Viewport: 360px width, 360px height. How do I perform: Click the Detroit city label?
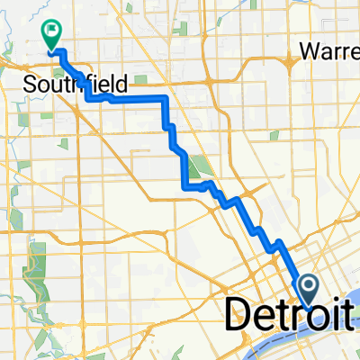tap(286, 314)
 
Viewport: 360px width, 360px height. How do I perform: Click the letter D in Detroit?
tap(237, 314)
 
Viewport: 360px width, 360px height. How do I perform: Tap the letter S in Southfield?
tap(26, 85)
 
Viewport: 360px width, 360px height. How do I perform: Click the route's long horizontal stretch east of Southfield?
tap(135, 98)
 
